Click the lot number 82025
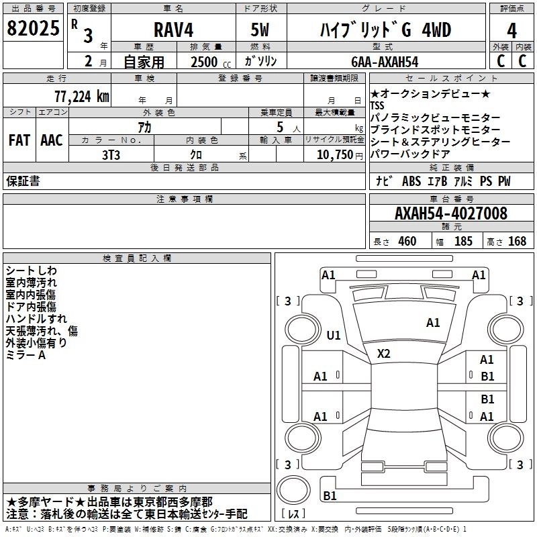tap(33, 28)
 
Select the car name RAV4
tap(174, 30)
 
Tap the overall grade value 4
tap(511, 31)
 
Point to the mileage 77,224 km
tap(82, 96)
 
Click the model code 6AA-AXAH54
tap(385, 62)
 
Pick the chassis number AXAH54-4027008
tap(450, 213)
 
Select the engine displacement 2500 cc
tap(211, 62)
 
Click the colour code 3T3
tap(111, 155)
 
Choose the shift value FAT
tap(19, 140)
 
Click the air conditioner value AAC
tap(52, 140)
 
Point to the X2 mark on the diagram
tap(383, 354)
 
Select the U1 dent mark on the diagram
tap(333, 335)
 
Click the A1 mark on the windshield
tap(433, 323)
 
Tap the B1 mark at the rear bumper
tap(330, 495)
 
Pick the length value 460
tap(407, 241)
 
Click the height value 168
tap(517, 241)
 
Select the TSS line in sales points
tap(377, 105)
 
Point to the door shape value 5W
tap(260, 30)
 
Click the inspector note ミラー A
tap(26, 355)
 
